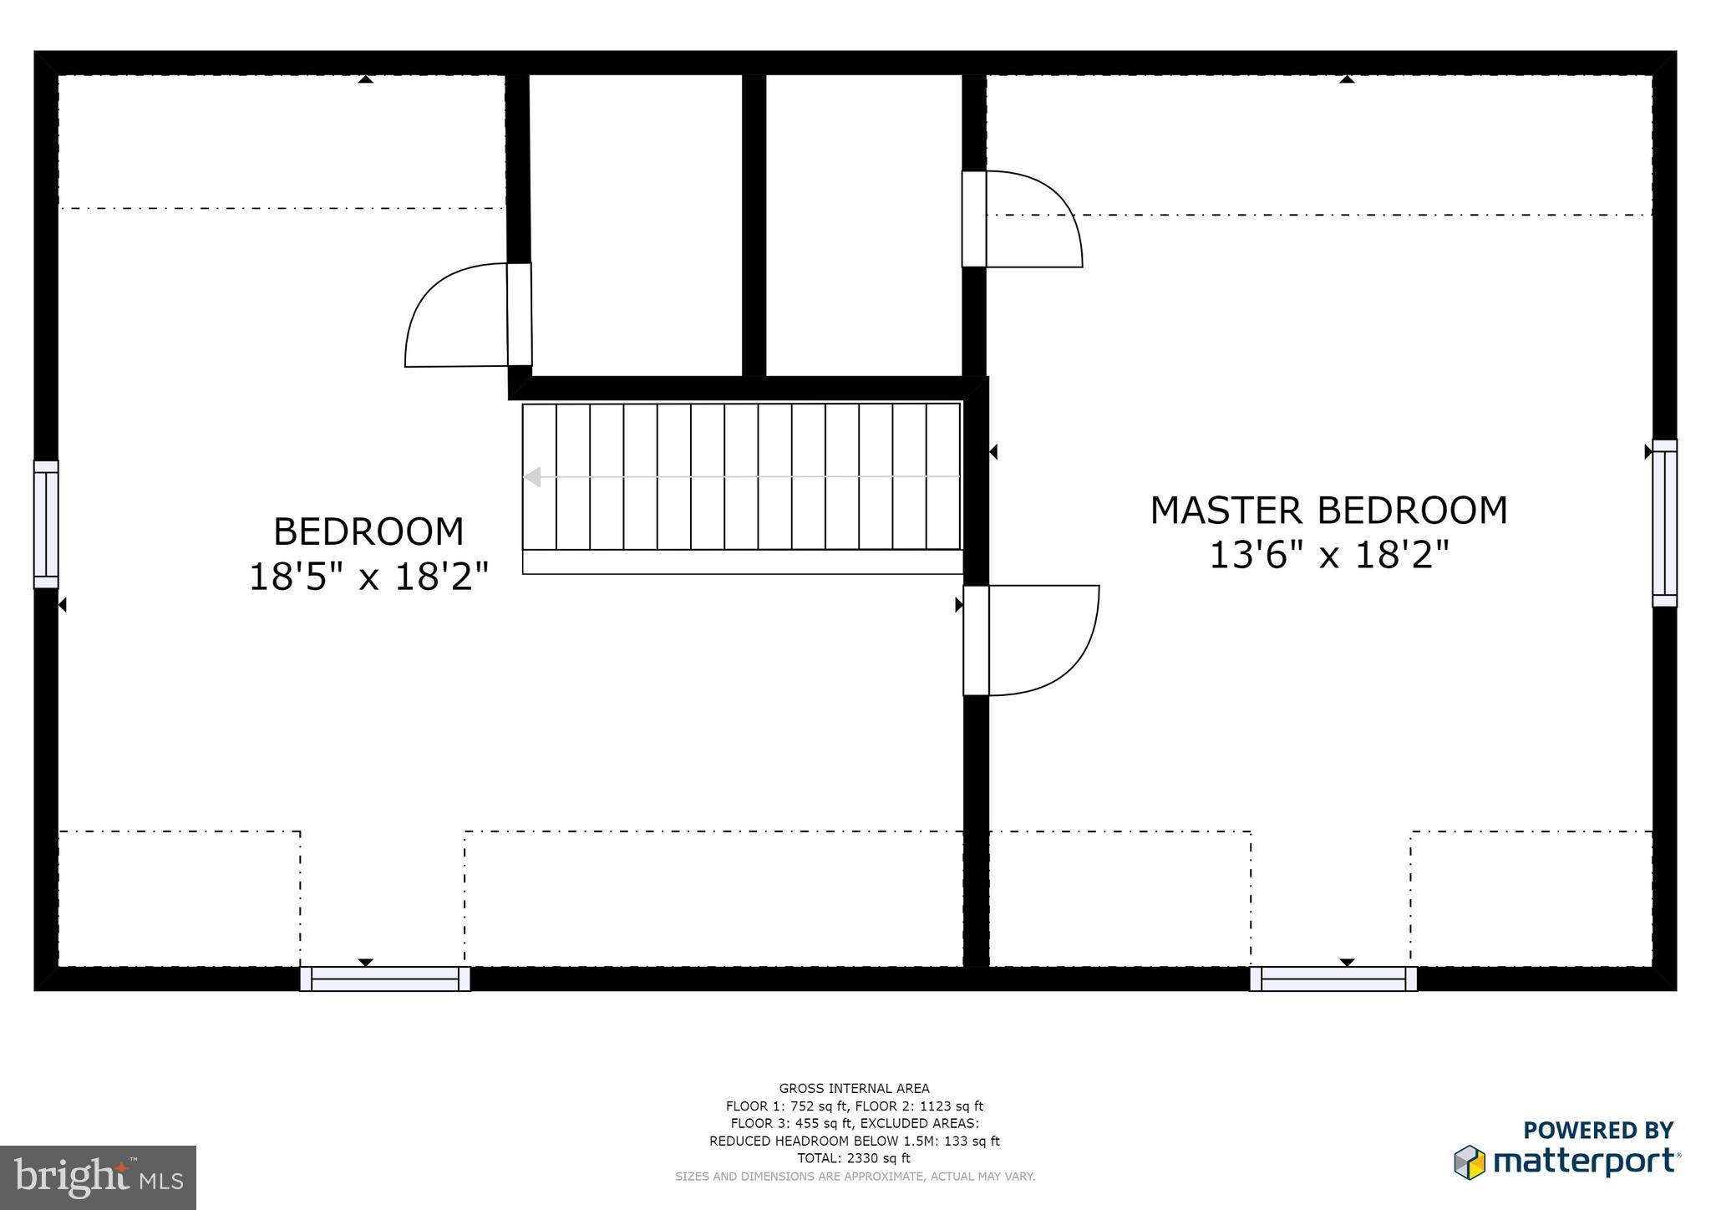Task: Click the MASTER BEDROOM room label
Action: [1328, 511]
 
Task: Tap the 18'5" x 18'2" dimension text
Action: [368, 577]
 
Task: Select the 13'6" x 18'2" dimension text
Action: [1328, 555]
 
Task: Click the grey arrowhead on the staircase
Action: [532, 477]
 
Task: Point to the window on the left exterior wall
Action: [46, 524]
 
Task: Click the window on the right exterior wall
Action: [1664, 523]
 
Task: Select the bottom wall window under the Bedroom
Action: [385, 979]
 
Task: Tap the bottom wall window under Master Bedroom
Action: [1333, 979]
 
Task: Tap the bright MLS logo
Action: [98, 1177]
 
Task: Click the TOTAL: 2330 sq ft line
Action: [854, 1158]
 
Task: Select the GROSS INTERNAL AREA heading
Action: [854, 1088]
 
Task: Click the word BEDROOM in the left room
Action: [368, 531]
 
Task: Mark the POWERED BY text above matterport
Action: [1597, 1131]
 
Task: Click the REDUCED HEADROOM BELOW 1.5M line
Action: [854, 1141]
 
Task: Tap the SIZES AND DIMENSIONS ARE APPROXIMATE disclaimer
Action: [854, 1176]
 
